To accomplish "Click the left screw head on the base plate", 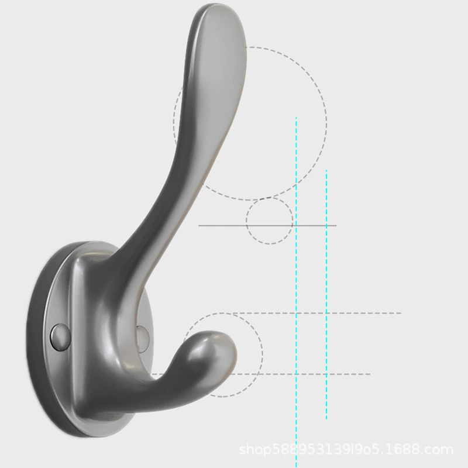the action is point(61,338).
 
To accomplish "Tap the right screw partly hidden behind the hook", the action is point(143,339).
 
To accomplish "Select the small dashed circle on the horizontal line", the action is point(246,221).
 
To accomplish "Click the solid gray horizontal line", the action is point(267,226).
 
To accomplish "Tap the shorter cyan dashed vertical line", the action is point(326,294).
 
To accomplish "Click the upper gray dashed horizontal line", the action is point(316,313).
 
